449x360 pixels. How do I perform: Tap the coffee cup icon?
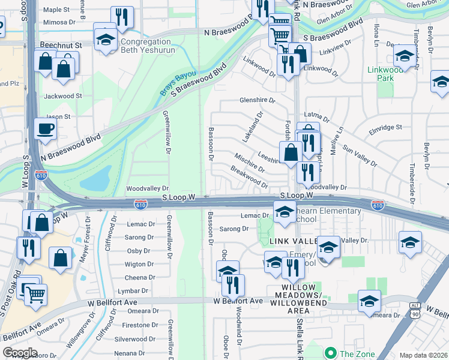coord(45,128)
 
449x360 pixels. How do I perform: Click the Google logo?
coord(20,353)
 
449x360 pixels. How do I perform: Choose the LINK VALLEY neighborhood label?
coord(291,241)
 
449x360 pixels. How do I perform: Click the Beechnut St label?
coord(61,46)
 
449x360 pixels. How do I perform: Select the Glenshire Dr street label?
coord(257,101)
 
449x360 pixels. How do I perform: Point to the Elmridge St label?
coord(385,128)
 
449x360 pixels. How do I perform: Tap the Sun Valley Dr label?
coord(359,155)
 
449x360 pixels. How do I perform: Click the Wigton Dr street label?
coord(139,264)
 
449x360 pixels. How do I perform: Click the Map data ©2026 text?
coord(423,355)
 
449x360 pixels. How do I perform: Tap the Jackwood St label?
coord(62,96)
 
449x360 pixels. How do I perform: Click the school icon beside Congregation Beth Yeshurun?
coord(105,39)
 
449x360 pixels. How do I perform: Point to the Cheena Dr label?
coord(140,278)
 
